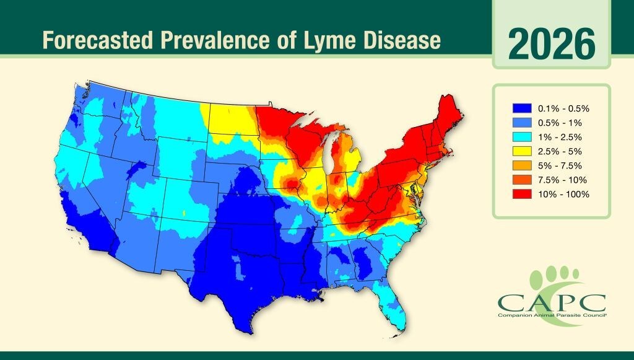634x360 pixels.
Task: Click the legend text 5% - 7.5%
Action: (x=562, y=165)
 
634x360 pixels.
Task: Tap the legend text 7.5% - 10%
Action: (x=563, y=180)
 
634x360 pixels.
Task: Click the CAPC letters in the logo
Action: (x=552, y=303)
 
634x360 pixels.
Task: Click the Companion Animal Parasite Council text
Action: (x=552, y=315)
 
